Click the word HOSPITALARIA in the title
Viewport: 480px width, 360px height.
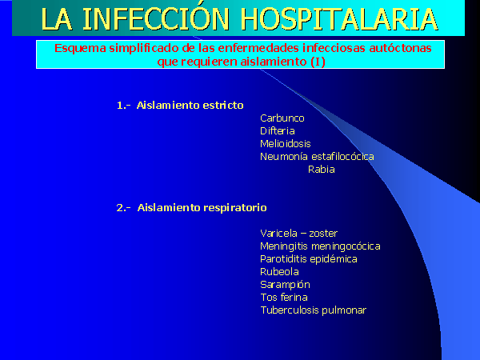(x=339, y=19)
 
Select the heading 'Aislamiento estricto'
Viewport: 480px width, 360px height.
(x=190, y=106)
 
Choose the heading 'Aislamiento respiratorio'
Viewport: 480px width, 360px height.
(x=202, y=208)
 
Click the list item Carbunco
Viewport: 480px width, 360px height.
(x=282, y=118)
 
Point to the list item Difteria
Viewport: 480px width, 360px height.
(x=278, y=131)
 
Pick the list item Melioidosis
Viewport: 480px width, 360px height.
(x=286, y=144)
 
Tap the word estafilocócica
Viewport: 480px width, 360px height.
(x=342, y=157)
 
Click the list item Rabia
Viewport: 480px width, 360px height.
(x=322, y=170)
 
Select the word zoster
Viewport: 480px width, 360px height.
(x=323, y=234)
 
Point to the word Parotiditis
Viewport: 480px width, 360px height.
(x=284, y=259)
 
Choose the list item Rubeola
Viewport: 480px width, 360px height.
(x=279, y=272)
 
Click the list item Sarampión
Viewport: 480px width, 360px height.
(x=285, y=285)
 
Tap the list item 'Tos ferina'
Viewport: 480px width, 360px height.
(x=284, y=298)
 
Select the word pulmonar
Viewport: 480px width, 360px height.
(x=344, y=310)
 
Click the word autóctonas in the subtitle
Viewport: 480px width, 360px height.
(x=401, y=48)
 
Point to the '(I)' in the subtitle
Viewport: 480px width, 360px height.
(x=318, y=62)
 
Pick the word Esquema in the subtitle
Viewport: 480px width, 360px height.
(x=80, y=49)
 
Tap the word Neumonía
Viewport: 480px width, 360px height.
(x=284, y=157)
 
